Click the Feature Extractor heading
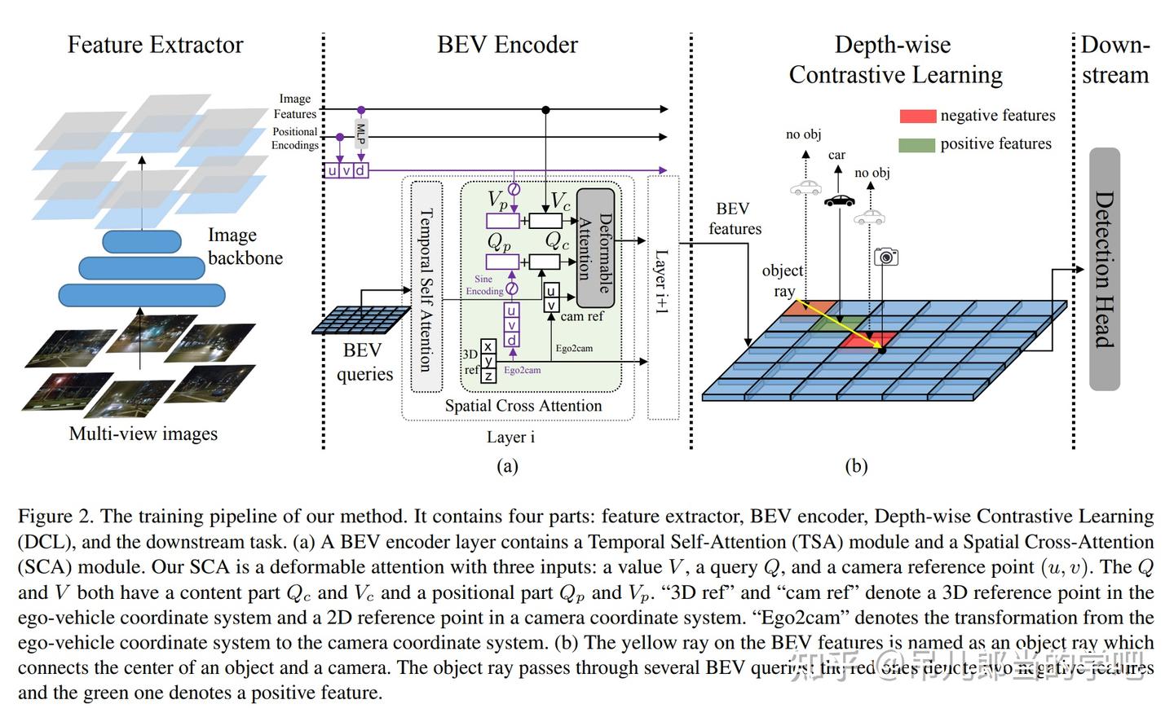pos(155,45)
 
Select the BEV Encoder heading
pos(507,45)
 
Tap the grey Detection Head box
pos(1105,269)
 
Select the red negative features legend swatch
pos(917,117)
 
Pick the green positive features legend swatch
pos(917,145)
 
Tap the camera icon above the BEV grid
pos(885,257)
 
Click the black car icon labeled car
pos(839,200)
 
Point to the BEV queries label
pos(364,362)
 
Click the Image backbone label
pos(245,246)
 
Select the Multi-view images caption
pos(143,434)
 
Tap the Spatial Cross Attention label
pos(523,406)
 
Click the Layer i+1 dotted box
pos(663,297)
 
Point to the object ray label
pos(783,280)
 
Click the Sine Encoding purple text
pos(484,284)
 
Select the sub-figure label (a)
pos(507,466)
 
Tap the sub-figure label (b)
pos(856,466)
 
